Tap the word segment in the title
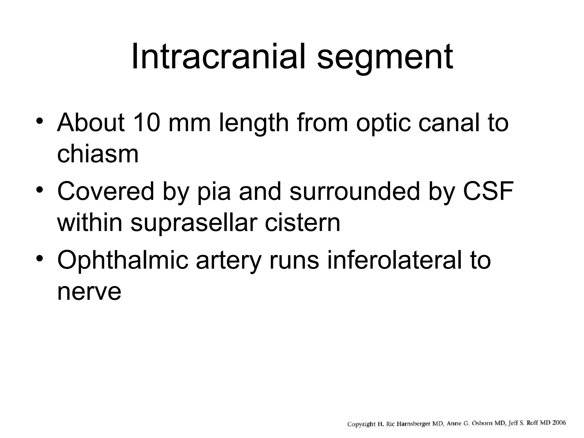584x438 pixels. point(385,58)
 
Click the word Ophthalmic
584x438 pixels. point(123,260)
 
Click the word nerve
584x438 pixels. point(89,292)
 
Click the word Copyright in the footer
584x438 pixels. point(361,424)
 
